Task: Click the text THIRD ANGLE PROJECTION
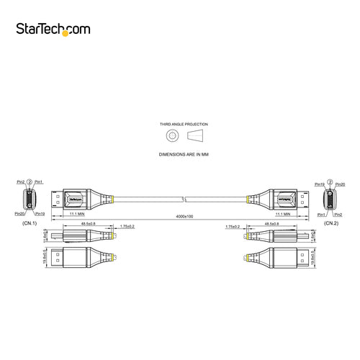180,125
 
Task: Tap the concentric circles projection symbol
171,135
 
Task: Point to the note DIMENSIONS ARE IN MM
180,154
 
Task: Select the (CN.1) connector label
30,223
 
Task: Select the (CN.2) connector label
330,223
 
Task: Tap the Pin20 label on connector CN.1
19,214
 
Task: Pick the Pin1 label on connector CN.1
39,181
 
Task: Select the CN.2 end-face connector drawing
330,199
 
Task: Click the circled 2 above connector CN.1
30,181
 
